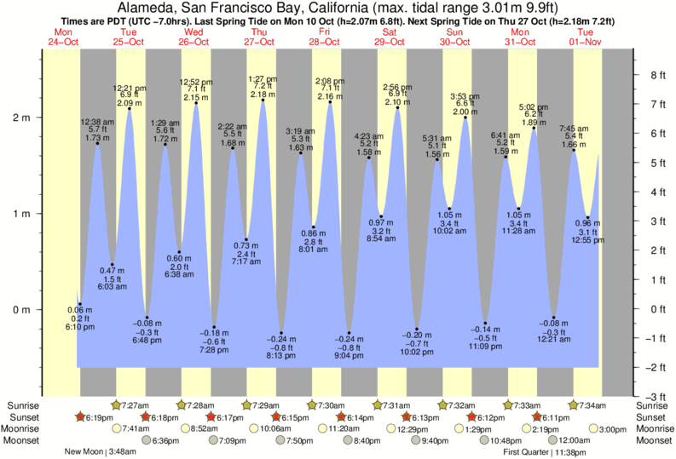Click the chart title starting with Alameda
(x=338, y=8)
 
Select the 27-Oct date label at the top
(x=259, y=42)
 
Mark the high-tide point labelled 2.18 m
(x=263, y=100)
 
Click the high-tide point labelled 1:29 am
(x=165, y=144)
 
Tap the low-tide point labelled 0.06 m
(x=79, y=304)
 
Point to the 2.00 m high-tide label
(x=465, y=112)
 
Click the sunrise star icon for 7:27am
(x=116, y=405)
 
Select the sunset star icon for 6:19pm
(x=80, y=417)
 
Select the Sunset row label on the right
(x=653, y=417)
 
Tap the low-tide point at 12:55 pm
(x=588, y=217)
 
